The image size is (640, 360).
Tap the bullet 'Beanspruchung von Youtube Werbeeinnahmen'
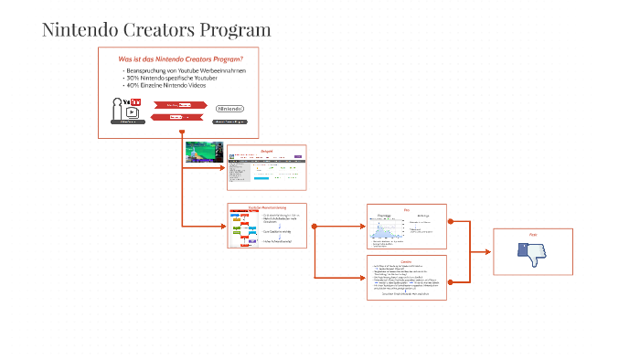click(186, 70)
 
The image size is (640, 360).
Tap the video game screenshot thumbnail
click(203, 151)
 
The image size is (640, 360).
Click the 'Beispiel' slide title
click(266, 149)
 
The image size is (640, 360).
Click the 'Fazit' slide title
click(532, 235)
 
